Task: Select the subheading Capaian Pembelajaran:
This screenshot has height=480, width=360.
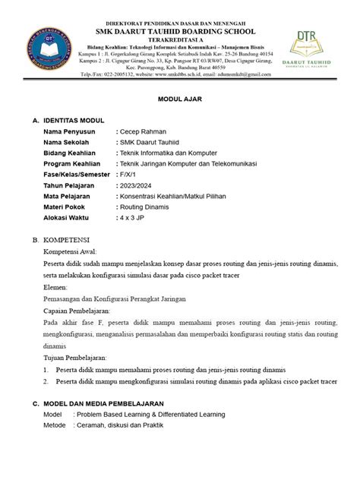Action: click(86, 311)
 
